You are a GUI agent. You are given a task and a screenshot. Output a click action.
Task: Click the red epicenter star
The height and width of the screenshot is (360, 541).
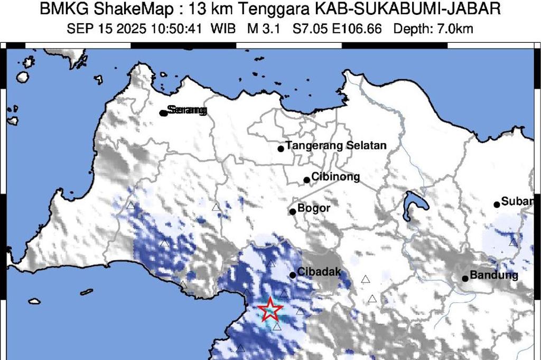[x=270, y=309]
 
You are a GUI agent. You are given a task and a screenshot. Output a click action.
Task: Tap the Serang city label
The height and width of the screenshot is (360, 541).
[x=186, y=110]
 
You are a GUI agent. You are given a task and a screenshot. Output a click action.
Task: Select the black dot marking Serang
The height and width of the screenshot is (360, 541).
[x=164, y=113]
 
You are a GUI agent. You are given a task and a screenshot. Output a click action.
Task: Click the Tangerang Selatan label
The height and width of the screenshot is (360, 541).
[x=336, y=145]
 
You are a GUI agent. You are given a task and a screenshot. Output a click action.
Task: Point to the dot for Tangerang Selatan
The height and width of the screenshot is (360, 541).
[x=281, y=149]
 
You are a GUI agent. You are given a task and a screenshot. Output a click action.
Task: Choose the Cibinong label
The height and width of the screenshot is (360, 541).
[x=335, y=177]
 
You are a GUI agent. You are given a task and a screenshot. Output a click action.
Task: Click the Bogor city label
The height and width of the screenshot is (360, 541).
[x=314, y=208]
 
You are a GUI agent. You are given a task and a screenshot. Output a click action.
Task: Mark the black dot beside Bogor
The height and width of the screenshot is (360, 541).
[x=293, y=212]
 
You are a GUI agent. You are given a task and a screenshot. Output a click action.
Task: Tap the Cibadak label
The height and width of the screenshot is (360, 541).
[x=319, y=272]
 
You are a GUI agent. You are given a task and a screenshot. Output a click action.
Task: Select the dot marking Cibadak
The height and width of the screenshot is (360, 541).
[x=293, y=275]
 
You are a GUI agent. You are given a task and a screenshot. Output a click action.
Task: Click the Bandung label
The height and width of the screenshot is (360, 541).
[x=494, y=275]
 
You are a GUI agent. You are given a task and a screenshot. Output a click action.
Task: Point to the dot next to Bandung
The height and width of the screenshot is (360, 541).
[x=465, y=279]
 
